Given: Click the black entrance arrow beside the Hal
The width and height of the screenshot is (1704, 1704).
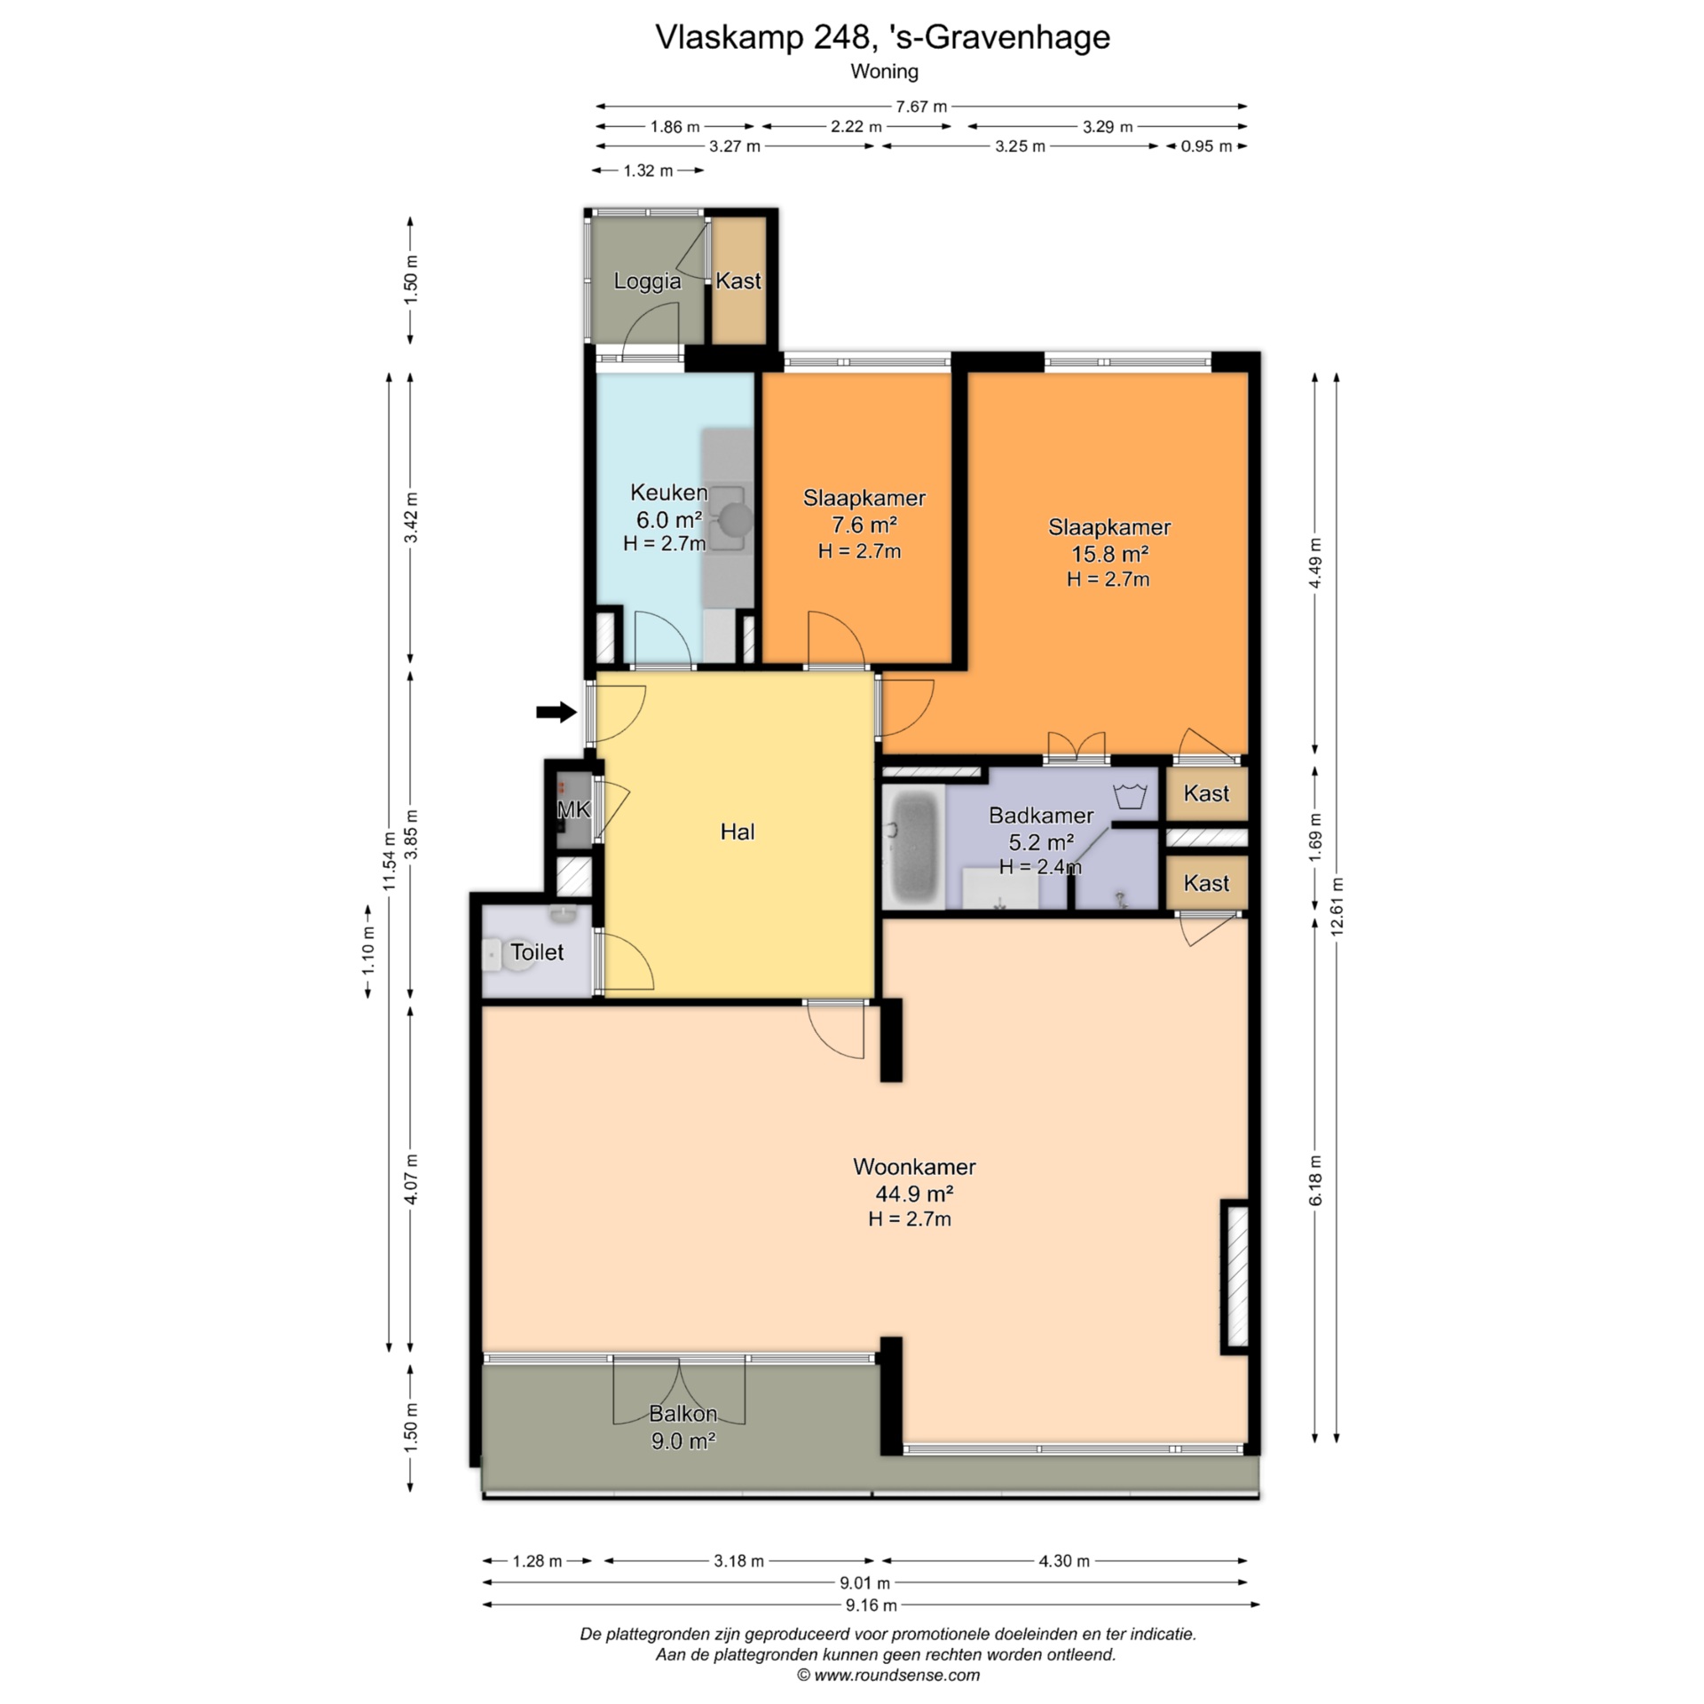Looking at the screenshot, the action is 556,711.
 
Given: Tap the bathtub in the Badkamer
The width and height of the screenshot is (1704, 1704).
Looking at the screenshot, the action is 913,847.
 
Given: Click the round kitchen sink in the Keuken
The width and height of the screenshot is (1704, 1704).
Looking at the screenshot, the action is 736,519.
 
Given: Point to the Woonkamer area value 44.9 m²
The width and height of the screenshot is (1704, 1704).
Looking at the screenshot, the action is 914,1193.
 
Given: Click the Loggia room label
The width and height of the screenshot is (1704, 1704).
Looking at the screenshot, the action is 648,281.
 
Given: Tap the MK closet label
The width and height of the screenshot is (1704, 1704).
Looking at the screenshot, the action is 573,809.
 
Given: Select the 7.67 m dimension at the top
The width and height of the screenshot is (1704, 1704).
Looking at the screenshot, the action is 921,106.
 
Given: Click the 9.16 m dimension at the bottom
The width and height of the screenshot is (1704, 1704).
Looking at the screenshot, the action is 871,1604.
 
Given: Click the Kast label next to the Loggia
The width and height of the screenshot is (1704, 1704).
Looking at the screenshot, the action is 738,280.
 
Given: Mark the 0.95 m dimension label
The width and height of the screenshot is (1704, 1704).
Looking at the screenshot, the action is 1206,146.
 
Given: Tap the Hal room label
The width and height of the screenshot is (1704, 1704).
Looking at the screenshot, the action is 738,832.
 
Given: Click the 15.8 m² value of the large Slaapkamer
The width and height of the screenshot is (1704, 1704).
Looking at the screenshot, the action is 1110,554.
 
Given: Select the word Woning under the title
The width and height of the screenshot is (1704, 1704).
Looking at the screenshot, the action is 884,71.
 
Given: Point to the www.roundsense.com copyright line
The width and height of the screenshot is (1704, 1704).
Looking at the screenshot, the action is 888,1676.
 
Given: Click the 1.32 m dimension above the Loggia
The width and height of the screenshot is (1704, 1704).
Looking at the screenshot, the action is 649,170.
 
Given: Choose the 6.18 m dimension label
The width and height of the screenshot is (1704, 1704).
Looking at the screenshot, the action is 1315,1179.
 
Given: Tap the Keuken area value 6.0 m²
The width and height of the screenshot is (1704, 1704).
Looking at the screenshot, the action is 669,519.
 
